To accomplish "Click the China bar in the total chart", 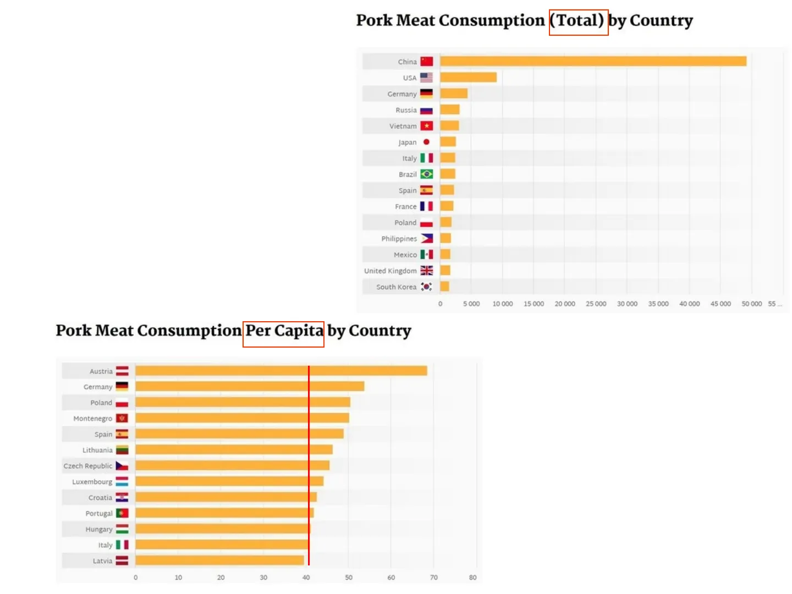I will click(593, 62).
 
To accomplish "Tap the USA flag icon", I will click(426, 78).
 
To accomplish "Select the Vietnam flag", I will click(426, 126).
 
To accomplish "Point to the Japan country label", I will click(407, 142).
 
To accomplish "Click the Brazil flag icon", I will click(426, 174).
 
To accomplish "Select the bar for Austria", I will click(281, 371).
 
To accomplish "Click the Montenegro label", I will click(92, 419).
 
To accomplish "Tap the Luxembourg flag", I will click(122, 482).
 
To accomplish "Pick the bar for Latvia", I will click(219, 560).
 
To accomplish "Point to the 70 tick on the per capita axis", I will click(434, 577).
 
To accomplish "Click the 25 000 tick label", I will click(596, 304).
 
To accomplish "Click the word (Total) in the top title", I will click(579, 21).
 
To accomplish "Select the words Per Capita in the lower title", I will click(284, 331).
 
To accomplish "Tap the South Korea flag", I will click(426, 287).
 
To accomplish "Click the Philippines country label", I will click(399, 239).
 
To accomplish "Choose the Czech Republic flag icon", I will click(122, 466).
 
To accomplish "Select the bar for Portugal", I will click(224, 513).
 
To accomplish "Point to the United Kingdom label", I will click(390, 271).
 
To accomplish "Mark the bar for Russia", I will click(449, 110).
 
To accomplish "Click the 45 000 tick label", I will click(721, 304).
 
